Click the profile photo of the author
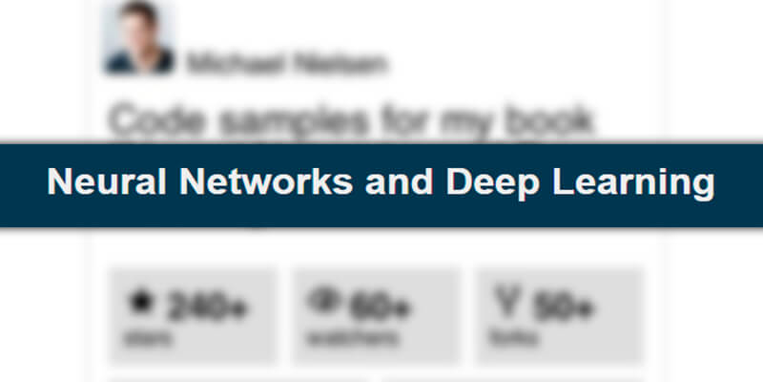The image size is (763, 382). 139,38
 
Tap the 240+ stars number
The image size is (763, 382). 208,308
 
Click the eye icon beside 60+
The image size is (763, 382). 323,303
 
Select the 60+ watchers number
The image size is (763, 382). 380,308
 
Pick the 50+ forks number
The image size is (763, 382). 565,308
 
